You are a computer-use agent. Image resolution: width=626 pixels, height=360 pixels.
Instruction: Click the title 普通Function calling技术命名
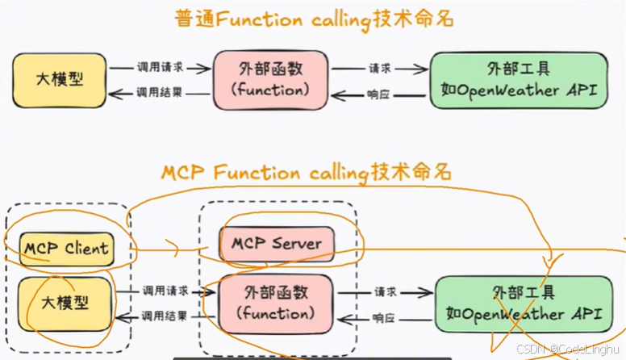coord(314,20)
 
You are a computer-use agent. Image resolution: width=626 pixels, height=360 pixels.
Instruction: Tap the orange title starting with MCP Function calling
coord(306,172)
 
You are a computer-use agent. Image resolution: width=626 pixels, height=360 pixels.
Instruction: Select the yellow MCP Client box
coord(68,247)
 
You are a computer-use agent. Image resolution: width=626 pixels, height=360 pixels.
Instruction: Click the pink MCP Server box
coord(277,243)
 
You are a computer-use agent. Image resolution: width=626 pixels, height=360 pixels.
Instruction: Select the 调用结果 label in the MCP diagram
coord(165,315)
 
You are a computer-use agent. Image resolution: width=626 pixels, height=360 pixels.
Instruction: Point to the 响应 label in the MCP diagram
coord(383,318)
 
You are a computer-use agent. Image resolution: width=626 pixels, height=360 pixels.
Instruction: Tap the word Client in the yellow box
coord(85,247)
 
